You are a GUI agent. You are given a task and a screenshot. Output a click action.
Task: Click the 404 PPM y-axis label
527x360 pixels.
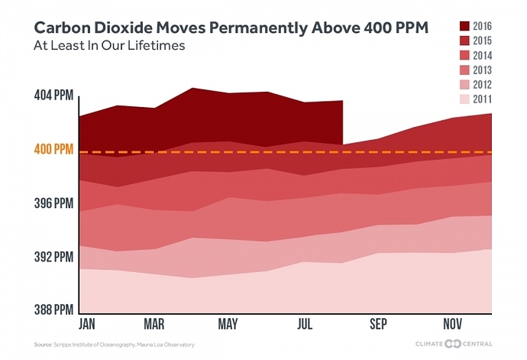pos(53,96)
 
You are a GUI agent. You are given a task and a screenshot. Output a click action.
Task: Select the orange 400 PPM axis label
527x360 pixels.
pos(53,150)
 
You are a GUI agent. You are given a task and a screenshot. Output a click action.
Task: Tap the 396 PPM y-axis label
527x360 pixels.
pos(53,203)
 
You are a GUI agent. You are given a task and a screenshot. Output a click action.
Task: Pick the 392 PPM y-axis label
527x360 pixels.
pos(53,257)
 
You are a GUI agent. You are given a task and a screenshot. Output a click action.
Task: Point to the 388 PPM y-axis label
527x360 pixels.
pos(53,310)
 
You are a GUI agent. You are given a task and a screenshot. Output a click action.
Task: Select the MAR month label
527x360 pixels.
pos(155,325)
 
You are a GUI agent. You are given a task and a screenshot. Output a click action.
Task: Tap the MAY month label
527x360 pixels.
pos(228,325)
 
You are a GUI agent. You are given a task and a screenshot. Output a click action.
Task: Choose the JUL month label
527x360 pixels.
pos(305,325)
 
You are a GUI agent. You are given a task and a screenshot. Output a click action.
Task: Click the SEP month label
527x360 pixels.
pos(378,325)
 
